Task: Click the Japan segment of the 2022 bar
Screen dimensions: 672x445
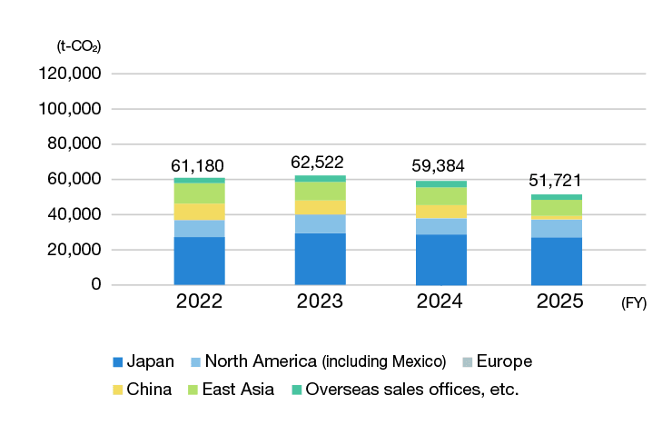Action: pos(199,261)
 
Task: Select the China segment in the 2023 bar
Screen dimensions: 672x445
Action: pos(321,207)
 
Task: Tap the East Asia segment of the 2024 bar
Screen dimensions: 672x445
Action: pos(441,196)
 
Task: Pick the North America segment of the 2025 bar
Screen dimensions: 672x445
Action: pos(557,229)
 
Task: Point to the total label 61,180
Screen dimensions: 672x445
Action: pos(198,166)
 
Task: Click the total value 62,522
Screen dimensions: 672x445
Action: pos(317,163)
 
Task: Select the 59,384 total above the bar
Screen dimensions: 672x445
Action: pos(438,166)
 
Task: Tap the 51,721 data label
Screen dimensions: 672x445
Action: pos(555,181)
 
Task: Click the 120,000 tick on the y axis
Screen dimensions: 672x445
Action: pos(70,74)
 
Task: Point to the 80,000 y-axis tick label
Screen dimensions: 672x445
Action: pos(74,143)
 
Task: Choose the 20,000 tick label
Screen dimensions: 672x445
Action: pos(74,250)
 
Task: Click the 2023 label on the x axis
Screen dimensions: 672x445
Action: pos(320,302)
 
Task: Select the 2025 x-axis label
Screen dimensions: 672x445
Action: pos(559,302)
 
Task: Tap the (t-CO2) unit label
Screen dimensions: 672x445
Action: pos(79,46)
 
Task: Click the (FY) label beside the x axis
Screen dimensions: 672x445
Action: pos(634,303)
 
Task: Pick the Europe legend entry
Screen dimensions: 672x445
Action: pos(497,361)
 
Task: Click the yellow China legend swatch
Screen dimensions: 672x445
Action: pos(118,390)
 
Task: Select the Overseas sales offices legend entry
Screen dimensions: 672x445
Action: pos(405,390)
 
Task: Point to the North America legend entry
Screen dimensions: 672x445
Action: pos(319,361)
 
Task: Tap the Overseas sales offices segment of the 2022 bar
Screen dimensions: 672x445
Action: pos(199,181)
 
